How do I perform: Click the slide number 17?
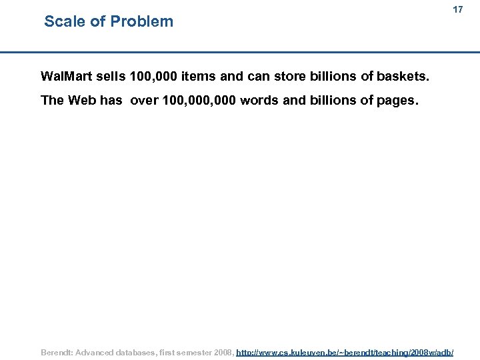coord(457,10)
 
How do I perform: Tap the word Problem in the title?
coord(142,21)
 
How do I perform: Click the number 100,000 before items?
coord(154,76)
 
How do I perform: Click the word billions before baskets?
coord(333,76)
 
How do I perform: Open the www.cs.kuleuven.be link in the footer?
coord(345,351)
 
